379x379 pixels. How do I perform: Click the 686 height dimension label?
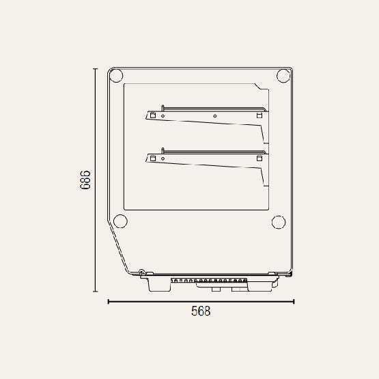point(85,180)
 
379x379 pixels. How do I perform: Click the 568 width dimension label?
point(201,311)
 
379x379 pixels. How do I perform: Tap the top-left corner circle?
point(116,76)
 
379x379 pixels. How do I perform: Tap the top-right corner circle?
point(283,76)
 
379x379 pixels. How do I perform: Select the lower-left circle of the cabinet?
point(120,221)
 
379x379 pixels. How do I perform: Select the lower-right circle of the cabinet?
point(279,222)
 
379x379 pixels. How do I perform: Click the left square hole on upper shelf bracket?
point(153,115)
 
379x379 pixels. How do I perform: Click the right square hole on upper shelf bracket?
point(259,115)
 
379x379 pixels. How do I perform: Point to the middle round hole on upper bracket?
point(215,116)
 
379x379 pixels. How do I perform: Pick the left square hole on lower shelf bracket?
point(153,158)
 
